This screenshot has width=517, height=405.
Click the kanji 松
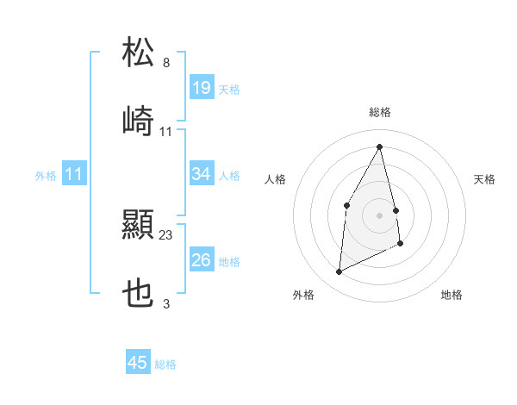coord(139,52)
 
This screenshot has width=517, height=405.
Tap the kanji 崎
coord(139,121)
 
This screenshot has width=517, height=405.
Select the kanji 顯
coord(139,226)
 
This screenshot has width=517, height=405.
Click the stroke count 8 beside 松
coord(166,63)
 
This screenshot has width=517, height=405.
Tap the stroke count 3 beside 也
coord(166,304)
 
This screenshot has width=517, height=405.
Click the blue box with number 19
coord(202,88)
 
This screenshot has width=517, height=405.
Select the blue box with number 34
coord(202,174)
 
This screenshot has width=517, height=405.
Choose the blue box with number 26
coord(202,260)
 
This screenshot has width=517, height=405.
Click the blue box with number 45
coord(138,363)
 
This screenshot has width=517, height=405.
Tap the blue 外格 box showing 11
coord(74,175)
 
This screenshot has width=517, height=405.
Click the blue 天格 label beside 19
coord(229,90)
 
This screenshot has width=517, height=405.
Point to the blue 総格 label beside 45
coord(165,364)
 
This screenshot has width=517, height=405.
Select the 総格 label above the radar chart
coord(380,112)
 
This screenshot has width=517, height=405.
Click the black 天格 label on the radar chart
coord(485,179)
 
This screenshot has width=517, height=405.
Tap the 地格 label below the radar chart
coord(452,296)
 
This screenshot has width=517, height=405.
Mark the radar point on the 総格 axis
coord(380,146)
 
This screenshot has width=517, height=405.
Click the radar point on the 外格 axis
coord(339,272)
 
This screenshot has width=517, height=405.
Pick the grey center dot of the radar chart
coord(380,215)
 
